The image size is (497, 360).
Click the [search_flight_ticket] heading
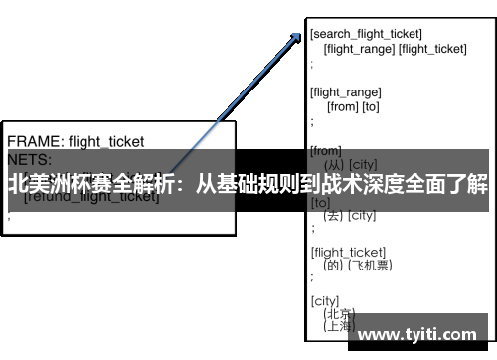coord(366,35)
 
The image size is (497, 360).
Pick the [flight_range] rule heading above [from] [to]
coord(345,91)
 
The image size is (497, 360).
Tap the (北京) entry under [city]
coord(338,313)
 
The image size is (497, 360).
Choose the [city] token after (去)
coord(362,215)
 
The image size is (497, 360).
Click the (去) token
coord(333,215)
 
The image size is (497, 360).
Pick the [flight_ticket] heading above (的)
coord(348,251)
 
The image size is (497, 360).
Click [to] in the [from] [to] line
coord(370,106)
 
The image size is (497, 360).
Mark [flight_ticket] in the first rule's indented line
coord(432,48)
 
